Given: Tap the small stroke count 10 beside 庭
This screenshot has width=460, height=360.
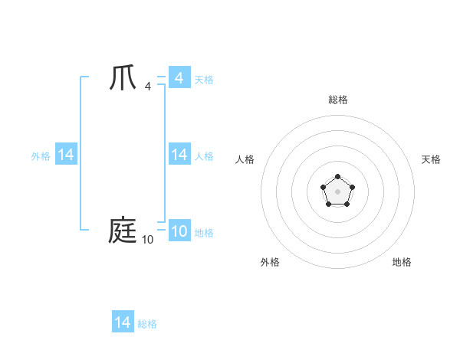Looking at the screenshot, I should click(147, 240).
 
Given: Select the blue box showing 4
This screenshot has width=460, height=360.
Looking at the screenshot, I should click(179, 78).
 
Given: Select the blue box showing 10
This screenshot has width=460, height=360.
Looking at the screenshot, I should click(179, 231).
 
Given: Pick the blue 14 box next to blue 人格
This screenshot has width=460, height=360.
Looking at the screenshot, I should click(179, 155).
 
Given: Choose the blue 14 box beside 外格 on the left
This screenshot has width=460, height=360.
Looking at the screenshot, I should click(66, 155).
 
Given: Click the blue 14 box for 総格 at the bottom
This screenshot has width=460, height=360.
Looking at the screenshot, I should click(123, 322).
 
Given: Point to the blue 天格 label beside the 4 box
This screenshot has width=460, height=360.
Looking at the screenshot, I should click(204, 80).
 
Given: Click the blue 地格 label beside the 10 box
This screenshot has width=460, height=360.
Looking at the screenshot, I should click(204, 233).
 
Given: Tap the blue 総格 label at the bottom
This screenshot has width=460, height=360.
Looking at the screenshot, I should click(147, 324).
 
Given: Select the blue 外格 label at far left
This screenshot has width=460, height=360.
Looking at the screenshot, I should click(41, 156).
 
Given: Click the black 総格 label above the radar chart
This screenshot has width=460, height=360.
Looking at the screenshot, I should click(337, 100).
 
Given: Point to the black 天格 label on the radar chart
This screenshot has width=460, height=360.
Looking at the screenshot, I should click(431, 159).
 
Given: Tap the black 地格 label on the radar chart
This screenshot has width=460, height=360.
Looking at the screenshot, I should click(402, 262).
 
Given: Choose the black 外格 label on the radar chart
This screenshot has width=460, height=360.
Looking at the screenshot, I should click(270, 262).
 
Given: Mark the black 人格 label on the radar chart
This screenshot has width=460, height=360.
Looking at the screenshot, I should click(245, 159).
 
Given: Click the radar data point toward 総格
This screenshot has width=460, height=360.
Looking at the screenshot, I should click(337, 177).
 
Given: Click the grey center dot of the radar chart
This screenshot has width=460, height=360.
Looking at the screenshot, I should click(337, 191).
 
